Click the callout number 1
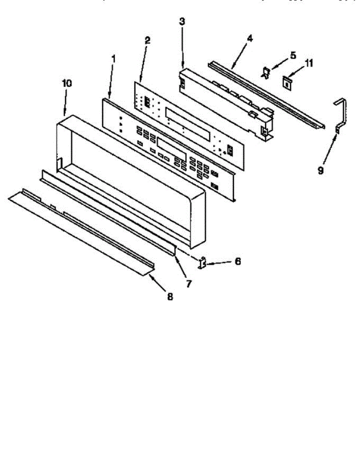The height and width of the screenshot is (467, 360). pos(113,59)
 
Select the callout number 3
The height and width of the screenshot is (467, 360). pos(182,21)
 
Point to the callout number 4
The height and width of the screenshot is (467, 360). pos(249,39)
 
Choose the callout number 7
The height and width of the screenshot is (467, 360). pos(188,284)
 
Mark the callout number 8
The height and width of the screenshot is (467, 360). pos(170,297)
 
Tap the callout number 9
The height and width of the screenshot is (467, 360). pos(320,170)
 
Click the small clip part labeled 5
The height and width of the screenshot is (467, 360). pos(266,73)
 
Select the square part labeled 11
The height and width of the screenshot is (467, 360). pos(287,82)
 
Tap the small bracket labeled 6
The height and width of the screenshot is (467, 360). pos(202,264)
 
